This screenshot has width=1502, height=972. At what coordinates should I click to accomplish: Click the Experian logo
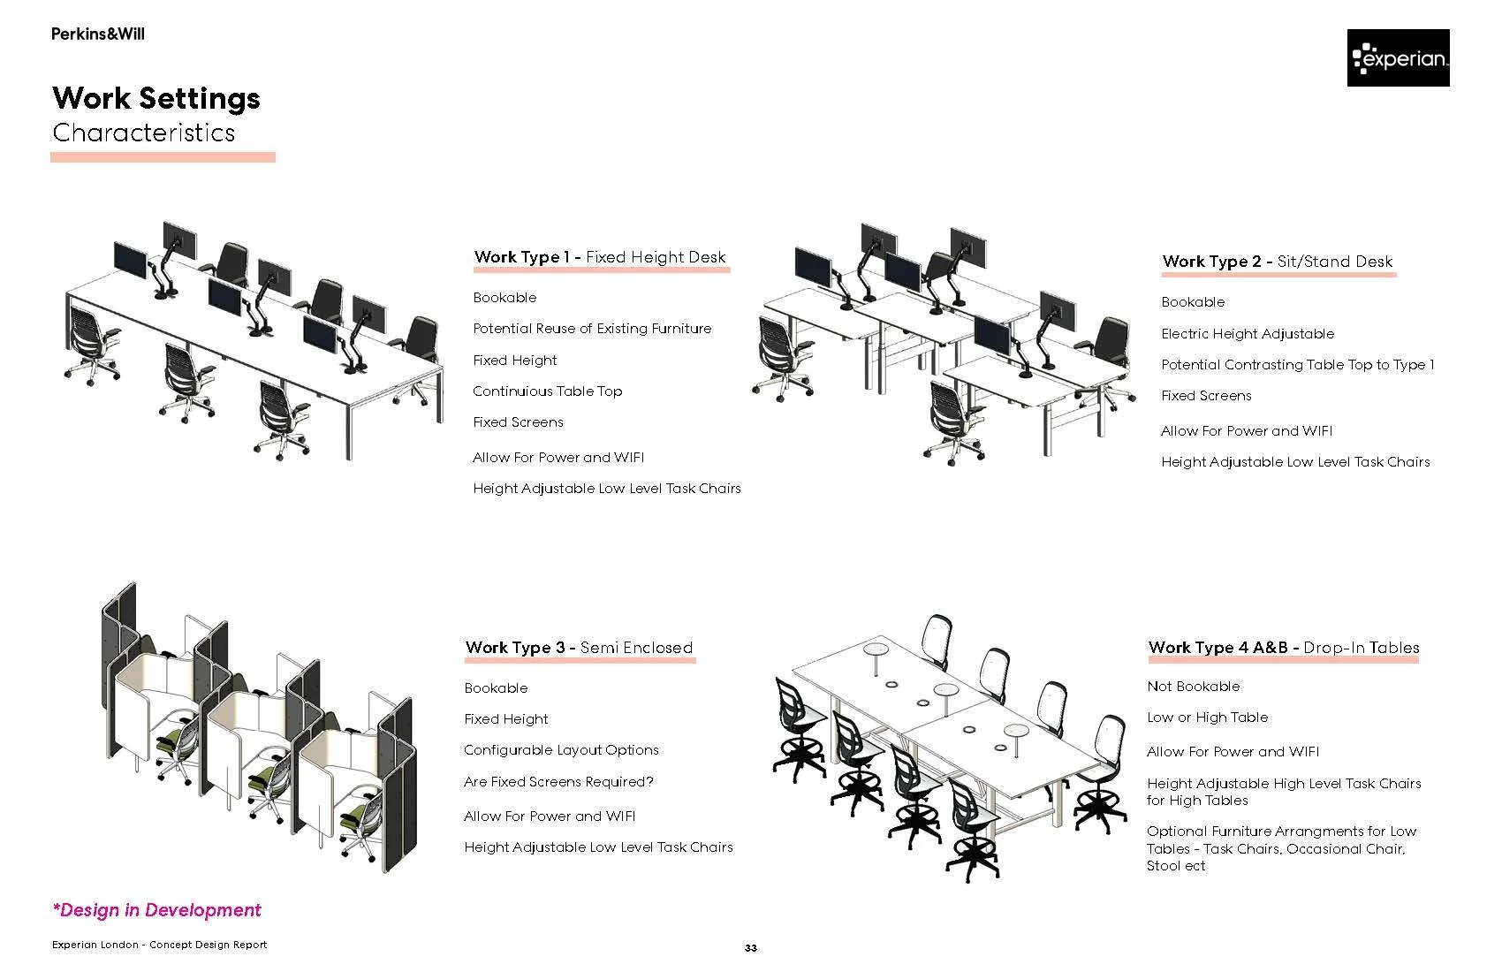pos(1398,58)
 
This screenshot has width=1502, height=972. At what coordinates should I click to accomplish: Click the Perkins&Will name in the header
pos(97,34)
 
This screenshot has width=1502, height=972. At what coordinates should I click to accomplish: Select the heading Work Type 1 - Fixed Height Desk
pos(600,257)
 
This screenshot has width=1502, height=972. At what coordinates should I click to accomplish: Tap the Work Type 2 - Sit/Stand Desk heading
pos(1278,262)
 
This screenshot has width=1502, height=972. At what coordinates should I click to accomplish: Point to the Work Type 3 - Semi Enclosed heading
pos(579,648)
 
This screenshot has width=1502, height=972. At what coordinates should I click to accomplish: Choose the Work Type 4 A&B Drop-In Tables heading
pos(1283,648)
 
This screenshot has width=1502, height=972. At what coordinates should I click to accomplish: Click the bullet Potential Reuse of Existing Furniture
pos(592,329)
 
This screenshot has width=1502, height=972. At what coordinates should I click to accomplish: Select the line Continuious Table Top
pos(547,391)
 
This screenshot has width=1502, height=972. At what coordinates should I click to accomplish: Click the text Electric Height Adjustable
pos(1248,334)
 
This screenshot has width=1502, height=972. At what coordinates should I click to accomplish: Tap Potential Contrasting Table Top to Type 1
pos(1297,365)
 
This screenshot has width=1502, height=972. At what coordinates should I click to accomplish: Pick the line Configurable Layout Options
pos(561,750)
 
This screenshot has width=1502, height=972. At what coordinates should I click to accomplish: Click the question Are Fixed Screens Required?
pos(558,782)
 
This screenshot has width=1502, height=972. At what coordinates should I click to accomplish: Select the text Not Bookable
pos(1193,687)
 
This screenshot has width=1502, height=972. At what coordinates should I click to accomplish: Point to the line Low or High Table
pos(1207,718)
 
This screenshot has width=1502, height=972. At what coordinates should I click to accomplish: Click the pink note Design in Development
pos(157,910)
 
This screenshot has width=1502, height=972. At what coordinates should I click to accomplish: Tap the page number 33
pos(750,948)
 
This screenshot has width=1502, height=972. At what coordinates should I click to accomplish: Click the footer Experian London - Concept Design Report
pos(159,945)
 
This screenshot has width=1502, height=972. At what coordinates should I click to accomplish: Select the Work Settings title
pos(156,98)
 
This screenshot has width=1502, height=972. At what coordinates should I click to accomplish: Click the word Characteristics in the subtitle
pos(144,133)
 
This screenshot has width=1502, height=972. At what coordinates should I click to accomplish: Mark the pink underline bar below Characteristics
pos(163,157)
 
